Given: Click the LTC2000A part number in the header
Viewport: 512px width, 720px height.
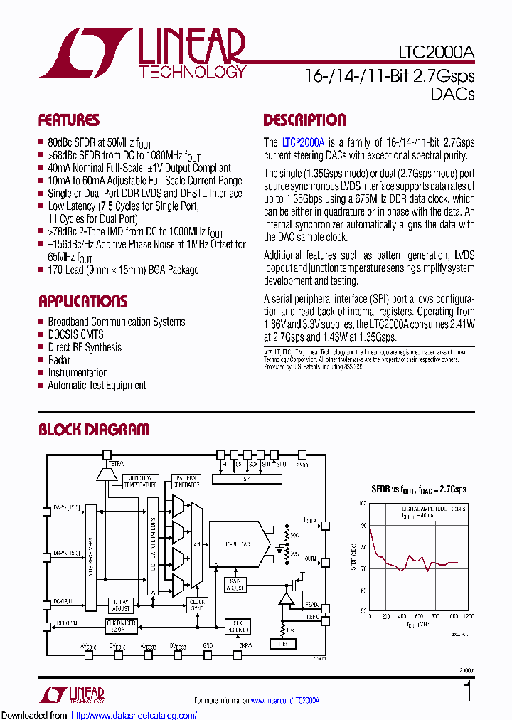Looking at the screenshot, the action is [x=434, y=54].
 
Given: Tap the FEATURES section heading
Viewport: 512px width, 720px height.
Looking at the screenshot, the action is [x=69, y=120].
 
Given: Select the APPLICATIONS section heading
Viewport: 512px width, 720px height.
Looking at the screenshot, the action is [x=82, y=301].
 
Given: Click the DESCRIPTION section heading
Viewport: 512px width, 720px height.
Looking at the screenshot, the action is [x=304, y=120].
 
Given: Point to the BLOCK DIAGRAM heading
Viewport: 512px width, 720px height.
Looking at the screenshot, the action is [x=94, y=430].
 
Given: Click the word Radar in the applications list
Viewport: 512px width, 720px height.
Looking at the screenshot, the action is [x=59, y=360].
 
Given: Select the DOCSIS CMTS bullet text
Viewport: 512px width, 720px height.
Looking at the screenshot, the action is [x=75, y=334].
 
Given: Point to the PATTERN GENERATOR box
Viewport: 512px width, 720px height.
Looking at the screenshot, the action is [x=186, y=481].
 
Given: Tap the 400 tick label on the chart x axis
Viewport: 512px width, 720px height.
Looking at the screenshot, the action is [x=402, y=616].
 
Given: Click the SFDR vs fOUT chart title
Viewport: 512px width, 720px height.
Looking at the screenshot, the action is [x=419, y=489].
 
